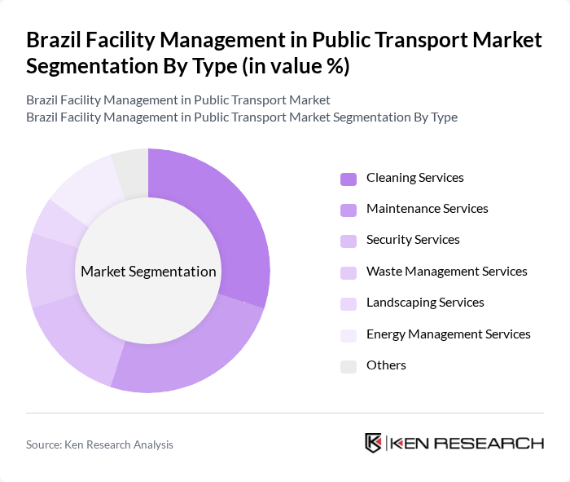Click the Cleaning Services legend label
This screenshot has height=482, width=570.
pyautogui.click(x=415, y=178)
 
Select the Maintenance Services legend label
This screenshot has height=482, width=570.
pyautogui.click(x=427, y=209)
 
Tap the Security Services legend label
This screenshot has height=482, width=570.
pyautogui.click(x=413, y=240)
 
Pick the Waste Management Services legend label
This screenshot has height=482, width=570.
pyautogui.click(x=447, y=272)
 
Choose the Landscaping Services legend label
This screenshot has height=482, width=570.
pyautogui.click(x=425, y=303)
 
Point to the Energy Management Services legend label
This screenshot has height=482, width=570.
pyautogui.click(x=449, y=334)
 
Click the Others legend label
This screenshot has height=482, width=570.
pyautogui.click(x=386, y=365)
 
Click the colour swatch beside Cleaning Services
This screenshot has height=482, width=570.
pyautogui.click(x=349, y=179)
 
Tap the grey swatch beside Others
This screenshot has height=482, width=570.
pyautogui.click(x=349, y=366)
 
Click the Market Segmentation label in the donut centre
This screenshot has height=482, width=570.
pyautogui.click(x=148, y=272)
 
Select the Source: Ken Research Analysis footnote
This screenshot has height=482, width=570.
pyautogui.click(x=99, y=444)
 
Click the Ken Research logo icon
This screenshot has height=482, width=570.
pyautogui.click(x=374, y=443)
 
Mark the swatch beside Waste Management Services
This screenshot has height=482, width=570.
pyautogui.click(x=349, y=272)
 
